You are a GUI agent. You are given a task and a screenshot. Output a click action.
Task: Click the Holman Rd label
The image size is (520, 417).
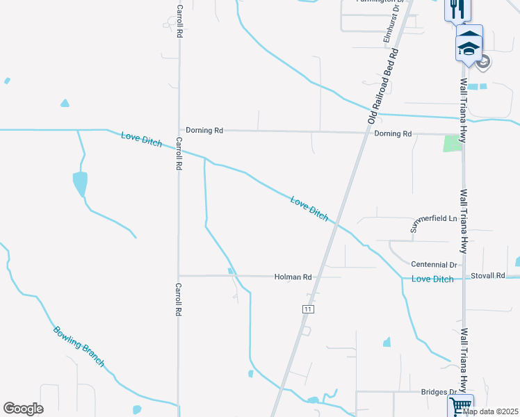(293, 277)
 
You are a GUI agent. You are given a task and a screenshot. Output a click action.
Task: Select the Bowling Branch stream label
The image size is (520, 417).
(79, 346)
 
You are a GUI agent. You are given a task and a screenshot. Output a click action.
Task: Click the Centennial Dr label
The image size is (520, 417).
(434, 265)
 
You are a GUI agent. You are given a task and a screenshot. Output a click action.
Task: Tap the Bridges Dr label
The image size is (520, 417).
(438, 392)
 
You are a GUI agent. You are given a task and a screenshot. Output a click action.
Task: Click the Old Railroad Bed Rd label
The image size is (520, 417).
(383, 87)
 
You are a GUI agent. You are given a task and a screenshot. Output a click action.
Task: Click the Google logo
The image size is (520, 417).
(23, 409)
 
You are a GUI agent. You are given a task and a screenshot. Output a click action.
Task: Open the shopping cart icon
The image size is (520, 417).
(460, 405)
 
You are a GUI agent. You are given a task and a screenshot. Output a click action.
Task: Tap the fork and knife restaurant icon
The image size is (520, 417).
(457, 9)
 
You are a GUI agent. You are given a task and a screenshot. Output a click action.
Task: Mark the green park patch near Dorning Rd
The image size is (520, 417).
(453, 143)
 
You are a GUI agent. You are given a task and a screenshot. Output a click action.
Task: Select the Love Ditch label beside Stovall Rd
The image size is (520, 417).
(432, 279)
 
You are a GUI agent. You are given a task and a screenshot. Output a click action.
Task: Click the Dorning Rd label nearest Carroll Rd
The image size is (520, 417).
(204, 130)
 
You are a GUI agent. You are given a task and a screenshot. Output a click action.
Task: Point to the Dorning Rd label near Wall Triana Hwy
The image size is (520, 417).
(393, 133)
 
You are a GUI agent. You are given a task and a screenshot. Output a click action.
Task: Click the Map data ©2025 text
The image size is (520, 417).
(490, 411)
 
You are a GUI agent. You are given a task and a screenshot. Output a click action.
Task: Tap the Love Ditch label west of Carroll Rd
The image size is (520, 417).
(141, 139)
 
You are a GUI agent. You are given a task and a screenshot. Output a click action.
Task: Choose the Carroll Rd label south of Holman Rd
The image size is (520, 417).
(179, 300)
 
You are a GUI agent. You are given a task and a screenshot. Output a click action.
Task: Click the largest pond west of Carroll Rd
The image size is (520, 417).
(80, 184)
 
